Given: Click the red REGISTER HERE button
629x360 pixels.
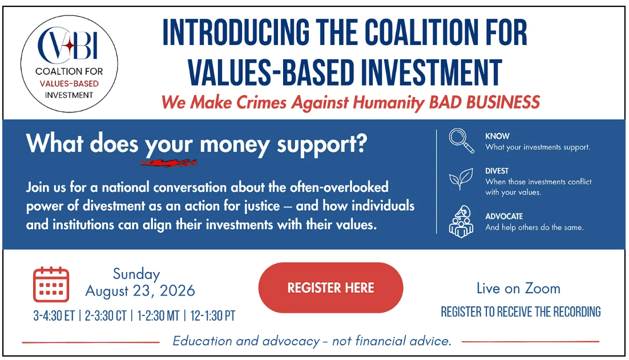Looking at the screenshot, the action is (330, 288).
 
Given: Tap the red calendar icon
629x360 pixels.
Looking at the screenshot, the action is (51, 284).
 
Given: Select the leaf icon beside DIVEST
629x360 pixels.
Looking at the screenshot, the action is (461, 179).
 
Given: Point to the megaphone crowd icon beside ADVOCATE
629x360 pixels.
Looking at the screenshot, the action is (461, 222).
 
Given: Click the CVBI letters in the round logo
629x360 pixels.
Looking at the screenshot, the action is (68, 45).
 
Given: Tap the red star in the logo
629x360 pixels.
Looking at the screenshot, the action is (70, 46).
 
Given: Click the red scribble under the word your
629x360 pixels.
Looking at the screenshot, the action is (168, 163).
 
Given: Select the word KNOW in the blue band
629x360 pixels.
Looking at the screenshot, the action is (497, 136).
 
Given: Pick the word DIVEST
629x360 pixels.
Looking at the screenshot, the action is (497, 171).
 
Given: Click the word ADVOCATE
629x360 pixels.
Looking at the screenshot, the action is (504, 216).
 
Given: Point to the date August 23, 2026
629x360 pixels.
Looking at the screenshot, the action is (140, 290).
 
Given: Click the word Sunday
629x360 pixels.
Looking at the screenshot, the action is (136, 274).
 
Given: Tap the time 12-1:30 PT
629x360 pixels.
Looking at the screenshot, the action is (212, 316).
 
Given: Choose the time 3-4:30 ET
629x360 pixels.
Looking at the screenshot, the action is (54, 316).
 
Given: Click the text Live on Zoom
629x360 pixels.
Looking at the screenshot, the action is (518, 288).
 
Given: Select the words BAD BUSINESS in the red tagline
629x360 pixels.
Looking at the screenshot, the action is (484, 102).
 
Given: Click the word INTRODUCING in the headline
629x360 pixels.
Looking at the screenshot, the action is (236, 33).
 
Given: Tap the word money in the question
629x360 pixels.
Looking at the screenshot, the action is (234, 144).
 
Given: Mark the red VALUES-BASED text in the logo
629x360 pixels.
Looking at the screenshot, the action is (69, 84).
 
